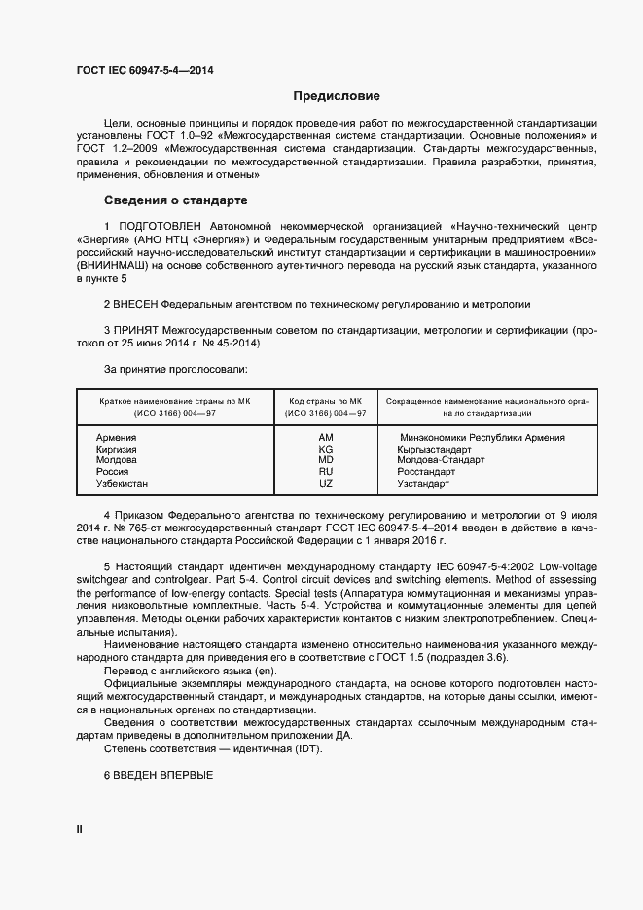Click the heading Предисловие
tap(337, 96)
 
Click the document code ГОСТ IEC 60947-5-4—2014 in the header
tap(145, 71)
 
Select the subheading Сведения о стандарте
tap(175, 200)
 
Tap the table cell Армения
tap(116, 438)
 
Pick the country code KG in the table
tap(326, 450)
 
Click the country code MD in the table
tap(326, 460)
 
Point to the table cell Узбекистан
tap(123, 483)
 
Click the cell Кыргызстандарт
tap(435, 450)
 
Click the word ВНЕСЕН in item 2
tap(135, 304)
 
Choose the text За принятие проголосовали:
tap(175, 369)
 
